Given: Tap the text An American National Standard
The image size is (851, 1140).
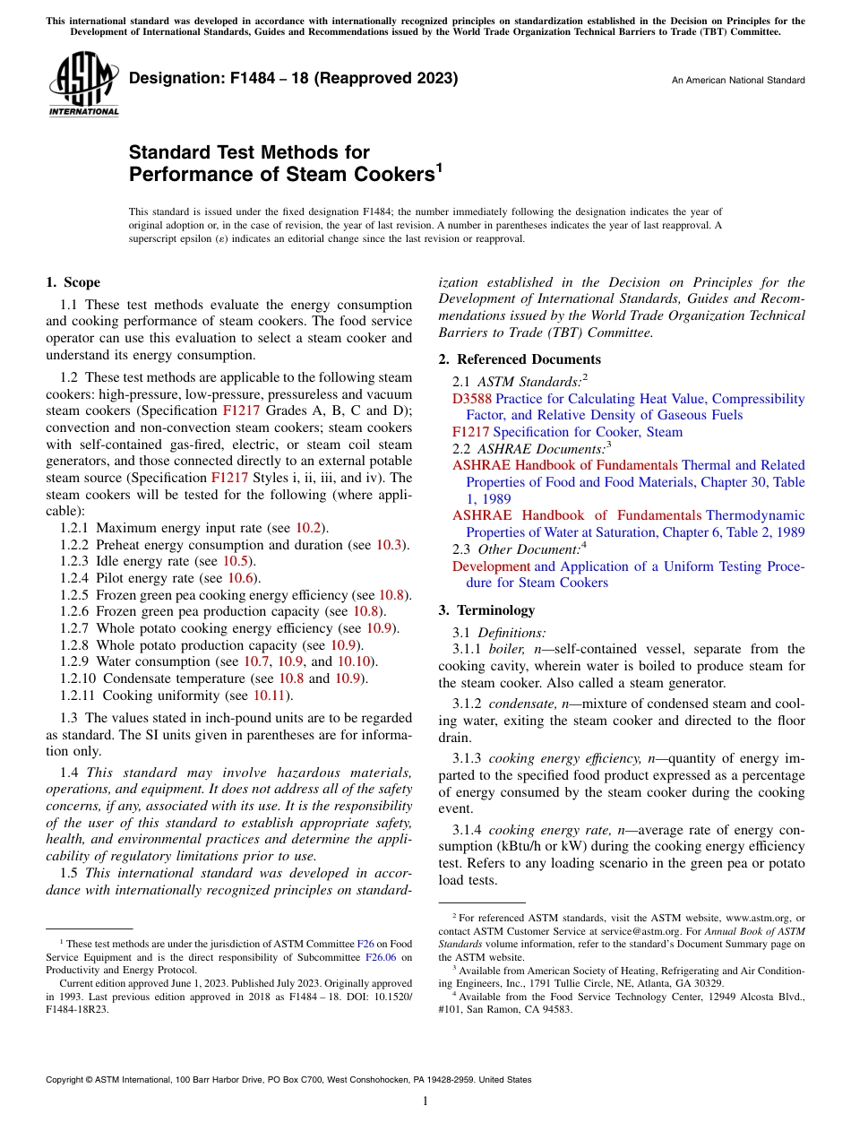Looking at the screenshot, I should tap(737, 81).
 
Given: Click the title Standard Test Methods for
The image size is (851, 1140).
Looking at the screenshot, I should tap(249, 152).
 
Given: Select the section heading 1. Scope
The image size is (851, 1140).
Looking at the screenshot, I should tap(73, 282).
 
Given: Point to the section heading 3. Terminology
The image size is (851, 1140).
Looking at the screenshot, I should tap(486, 610).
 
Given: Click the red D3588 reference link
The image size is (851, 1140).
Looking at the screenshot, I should tap(471, 399).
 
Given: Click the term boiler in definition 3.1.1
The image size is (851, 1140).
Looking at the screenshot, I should tap(508, 649).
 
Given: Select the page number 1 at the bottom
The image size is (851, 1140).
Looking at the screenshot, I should tap(425, 1101).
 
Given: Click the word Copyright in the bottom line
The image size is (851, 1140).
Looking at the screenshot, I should tap(67, 1080).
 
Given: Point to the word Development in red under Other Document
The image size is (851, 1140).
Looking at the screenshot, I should tap(491, 566).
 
